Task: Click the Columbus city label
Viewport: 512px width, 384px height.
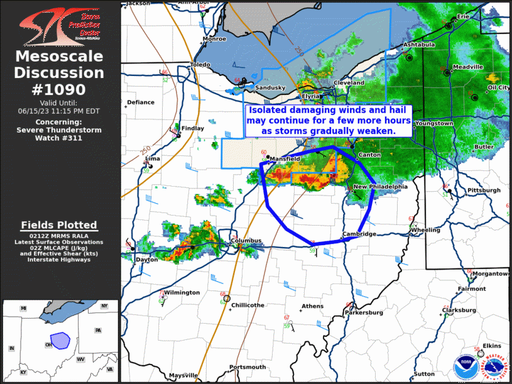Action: tap(246, 241)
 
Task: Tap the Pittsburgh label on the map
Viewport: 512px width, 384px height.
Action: tap(484, 190)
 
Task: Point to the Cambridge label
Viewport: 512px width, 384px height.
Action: tap(359, 234)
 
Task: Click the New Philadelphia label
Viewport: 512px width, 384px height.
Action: tap(381, 187)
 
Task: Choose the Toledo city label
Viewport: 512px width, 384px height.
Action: tap(200, 65)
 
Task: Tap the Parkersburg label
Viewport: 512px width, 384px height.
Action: tap(364, 312)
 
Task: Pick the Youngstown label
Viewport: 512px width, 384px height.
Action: tap(434, 124)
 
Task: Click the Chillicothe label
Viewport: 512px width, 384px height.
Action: tap(248, 305)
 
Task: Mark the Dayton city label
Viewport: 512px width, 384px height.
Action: tap(147, 259)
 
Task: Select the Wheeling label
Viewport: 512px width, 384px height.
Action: tap(425, 230)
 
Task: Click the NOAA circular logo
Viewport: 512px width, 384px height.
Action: tap(466, 364)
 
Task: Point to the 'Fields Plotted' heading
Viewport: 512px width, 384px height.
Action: tap(59, 225)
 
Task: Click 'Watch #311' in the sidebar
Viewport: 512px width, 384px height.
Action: tap(60, 138)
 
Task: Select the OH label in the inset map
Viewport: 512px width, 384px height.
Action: tap(48, 344)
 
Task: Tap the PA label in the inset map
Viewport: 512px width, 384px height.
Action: tap(98, 330)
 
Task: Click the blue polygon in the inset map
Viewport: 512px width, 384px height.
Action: tap(60, 341)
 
